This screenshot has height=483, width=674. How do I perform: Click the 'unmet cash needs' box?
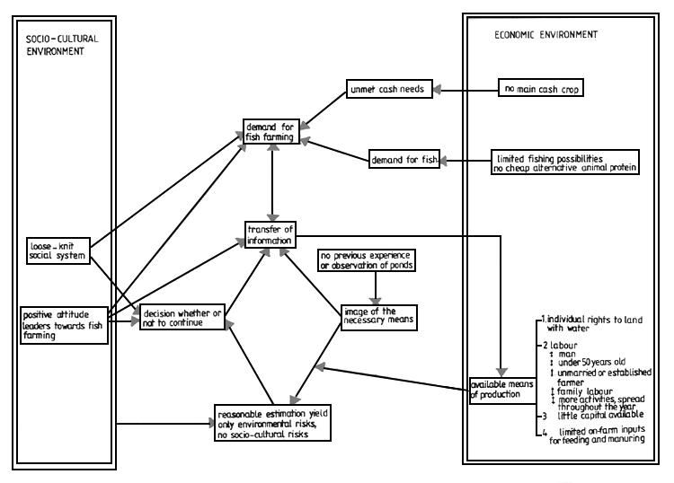click(x=390, y=89)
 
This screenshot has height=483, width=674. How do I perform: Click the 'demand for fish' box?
click(x=404, y=161)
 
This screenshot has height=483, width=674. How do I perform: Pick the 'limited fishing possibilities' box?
click(x=565, y=161)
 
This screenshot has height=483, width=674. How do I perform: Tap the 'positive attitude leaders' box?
click(x=62, y=324)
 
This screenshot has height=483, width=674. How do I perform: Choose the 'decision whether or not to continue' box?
click(x=181, y=318)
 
